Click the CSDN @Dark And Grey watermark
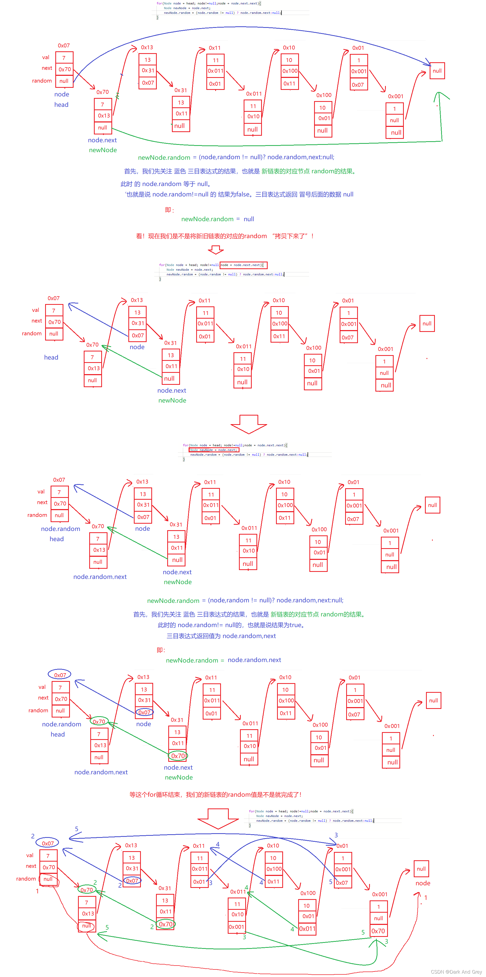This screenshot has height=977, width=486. click(x=456, y=972)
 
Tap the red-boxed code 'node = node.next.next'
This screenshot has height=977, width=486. click(x=243, y=265)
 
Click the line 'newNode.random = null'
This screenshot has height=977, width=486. click(x=217, y=219)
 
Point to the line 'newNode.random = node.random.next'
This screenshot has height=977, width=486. click(x=223, y=660)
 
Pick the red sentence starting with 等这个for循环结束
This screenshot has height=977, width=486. click(x=215, y=795)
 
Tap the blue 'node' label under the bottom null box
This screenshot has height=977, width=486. click(x=423, y=883)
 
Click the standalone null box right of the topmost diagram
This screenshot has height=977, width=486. click(x=437, y=71)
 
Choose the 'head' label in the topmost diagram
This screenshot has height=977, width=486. click(x=61, y=105)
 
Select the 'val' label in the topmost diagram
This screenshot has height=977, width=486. click(x=46, y=57)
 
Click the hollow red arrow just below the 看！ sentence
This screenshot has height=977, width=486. click(x=216, y=250)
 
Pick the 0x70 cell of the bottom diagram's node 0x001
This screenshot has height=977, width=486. click(x=378, y=931)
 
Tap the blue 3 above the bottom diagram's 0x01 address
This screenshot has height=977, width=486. click(x=336, y=835)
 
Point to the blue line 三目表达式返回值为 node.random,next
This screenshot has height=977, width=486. click(x=221, y=636)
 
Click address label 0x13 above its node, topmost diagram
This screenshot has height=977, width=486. click(x=147, y=47)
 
